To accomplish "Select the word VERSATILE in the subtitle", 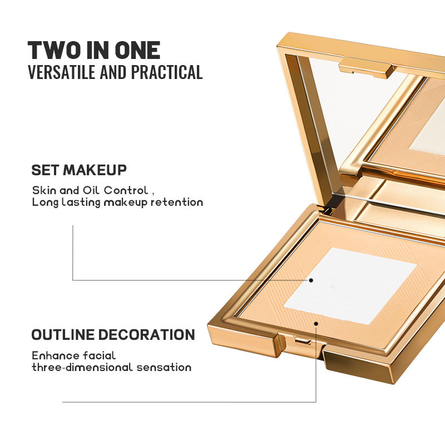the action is (x=62, y=72).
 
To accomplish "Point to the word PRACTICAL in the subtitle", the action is (x=166, y=72).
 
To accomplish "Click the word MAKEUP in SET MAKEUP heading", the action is (x=95, y=170).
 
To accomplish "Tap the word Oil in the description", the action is (x=91, y=190).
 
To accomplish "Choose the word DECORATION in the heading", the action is (x=146, y=335).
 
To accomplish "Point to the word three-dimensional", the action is (x=82, y=367).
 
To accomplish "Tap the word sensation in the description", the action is (x=164, y=367).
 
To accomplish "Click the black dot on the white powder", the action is (x=311, y=280).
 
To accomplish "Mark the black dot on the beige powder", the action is (x=316, y=324).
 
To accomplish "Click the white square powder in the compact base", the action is (x=350, y=286).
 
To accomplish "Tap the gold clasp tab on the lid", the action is (x=366, y=67).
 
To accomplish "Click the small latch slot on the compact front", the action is (x=303, y=340).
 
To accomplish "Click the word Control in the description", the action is (x=126, y=190).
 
